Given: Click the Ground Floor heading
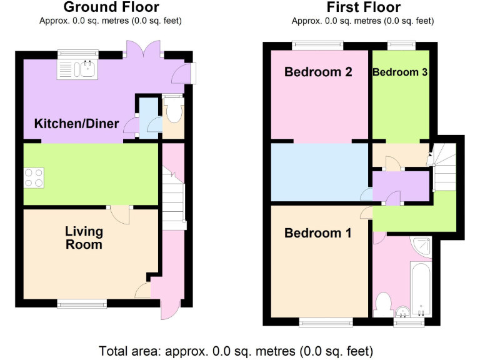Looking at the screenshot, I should tap(111, 7).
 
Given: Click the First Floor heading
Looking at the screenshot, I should tap(363, 7).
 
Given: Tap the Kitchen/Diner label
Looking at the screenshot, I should tap(76, 124).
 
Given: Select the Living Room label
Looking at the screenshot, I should tap(84, 238).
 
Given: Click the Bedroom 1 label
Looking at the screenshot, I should tap(317, 233).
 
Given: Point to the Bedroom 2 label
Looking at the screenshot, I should tap(318, 72).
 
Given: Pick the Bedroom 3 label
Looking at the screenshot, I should tap(400, 72).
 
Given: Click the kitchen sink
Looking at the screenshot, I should tap(77, 68).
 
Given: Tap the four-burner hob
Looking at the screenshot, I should tap(35, 177).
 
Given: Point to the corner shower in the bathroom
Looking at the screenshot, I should tap(422, 246).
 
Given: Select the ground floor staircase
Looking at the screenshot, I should tap(173, 197).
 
